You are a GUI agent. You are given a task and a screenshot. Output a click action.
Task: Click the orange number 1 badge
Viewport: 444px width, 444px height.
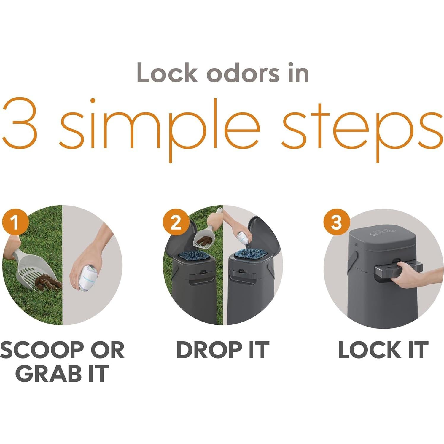coord(15,221)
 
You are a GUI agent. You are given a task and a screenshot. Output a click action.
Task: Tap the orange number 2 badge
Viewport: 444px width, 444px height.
coord(176,221)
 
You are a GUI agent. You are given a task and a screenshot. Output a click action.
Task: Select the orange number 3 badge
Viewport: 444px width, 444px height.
coord(337,221)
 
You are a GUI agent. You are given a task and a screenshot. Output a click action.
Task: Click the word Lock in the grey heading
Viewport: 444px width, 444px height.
coord(167,73)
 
